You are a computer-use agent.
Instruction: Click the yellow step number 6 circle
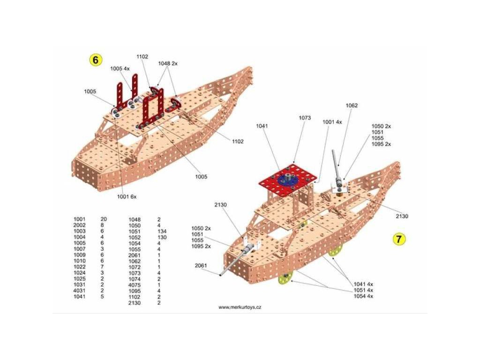[x=96, y=60]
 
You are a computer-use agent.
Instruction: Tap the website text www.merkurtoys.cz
[x=240, y=307]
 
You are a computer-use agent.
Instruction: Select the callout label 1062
[x=352, y=105]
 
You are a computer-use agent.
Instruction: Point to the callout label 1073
[x=305, y=118]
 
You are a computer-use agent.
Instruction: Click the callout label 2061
[x=201, y=265]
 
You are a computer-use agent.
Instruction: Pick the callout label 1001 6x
[x=127, y=196]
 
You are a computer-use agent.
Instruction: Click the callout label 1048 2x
[x=168, y=63]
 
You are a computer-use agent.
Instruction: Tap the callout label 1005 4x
[x=120, y=68]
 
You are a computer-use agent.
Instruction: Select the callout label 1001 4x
[x=332, y=122]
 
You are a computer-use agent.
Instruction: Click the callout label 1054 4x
[x=364, y=296]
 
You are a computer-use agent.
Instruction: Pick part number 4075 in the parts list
[x=135, y=285]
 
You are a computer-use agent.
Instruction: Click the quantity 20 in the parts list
[x=104, y=219]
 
